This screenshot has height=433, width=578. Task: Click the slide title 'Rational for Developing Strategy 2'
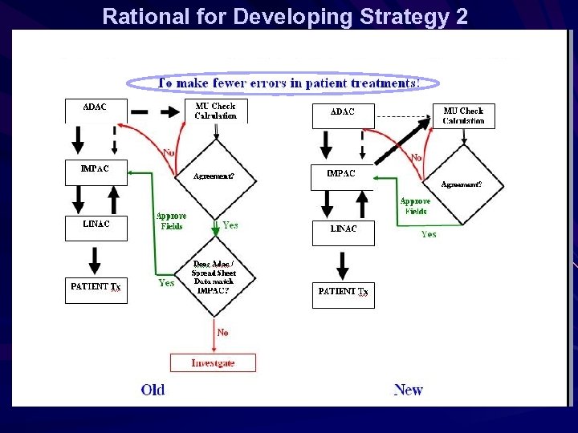[x=285, y=16]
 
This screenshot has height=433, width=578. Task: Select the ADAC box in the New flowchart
[x=344, y=116]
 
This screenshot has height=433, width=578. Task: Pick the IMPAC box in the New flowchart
[x=344, y=177]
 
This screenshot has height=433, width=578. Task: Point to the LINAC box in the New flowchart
[x=344, y=233]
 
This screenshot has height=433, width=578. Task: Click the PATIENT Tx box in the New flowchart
[x=344, y=295]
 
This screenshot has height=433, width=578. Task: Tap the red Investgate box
[x=213, y=362]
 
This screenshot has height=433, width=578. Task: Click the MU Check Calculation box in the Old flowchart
[x=216, y=111]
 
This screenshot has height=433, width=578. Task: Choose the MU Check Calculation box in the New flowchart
[x=463, y=115]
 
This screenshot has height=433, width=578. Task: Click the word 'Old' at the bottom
[x=153, y=391]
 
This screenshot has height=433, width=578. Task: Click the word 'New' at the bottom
[x=408, y=391]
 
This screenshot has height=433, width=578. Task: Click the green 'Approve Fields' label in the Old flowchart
[x=171, y=221]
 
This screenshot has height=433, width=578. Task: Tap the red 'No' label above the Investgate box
[x=222, y=332]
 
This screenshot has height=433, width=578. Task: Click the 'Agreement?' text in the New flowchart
[x=462, y=184]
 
